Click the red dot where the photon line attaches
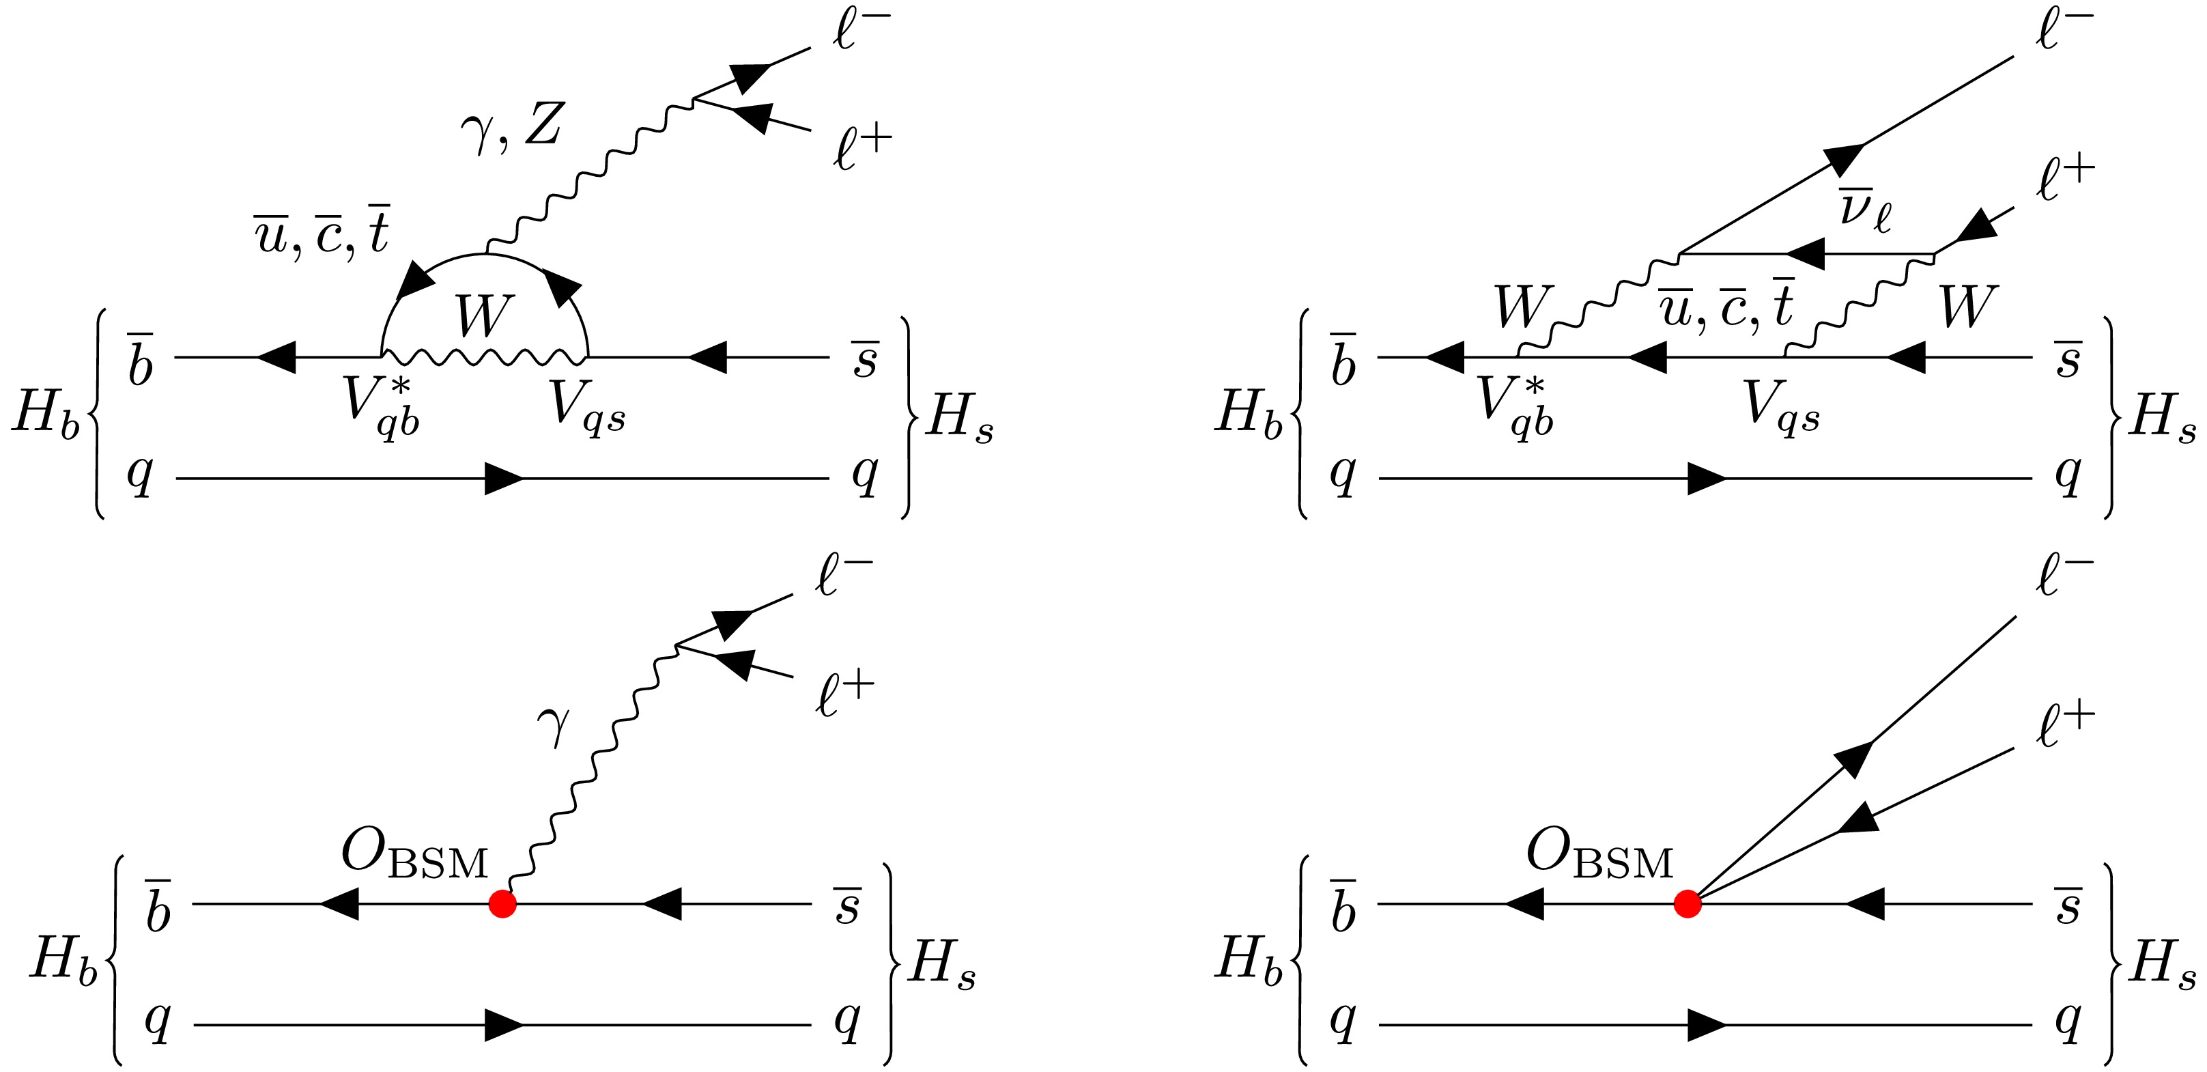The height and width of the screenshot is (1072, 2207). (x=502, y=903)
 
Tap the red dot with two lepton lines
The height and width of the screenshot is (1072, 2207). (x=1687, y=903)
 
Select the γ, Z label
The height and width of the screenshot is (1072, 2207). (x=511, y=128)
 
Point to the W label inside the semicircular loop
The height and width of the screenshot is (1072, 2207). (x=484, y=316)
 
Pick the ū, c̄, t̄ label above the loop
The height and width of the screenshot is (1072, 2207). (x=322, y=231)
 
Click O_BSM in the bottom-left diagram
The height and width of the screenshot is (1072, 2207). (x=414, y=855)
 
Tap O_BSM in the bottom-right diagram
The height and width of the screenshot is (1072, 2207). (x=1599, y=855)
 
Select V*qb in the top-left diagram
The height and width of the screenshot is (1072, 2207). (x=381, y=406)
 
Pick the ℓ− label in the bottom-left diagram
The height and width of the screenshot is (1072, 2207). (x=844, y=577)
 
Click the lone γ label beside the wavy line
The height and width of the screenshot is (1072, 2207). (x=554, y=725)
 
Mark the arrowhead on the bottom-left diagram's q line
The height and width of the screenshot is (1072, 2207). (x=504, y=1025)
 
